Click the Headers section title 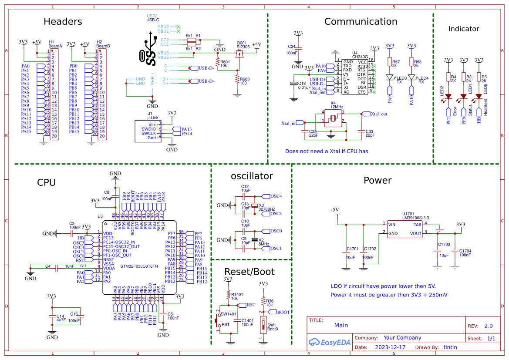click(63, 22)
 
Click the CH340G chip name click(360, 57)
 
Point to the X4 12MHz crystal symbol click(333, 118)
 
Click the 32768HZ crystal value click(267, 209)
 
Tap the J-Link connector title click(152, 117)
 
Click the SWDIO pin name click(148, 129)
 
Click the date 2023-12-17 click(390, 347)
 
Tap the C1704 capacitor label click(465, 251)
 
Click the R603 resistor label click(245, 79)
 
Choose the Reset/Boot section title click(249, 272)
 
